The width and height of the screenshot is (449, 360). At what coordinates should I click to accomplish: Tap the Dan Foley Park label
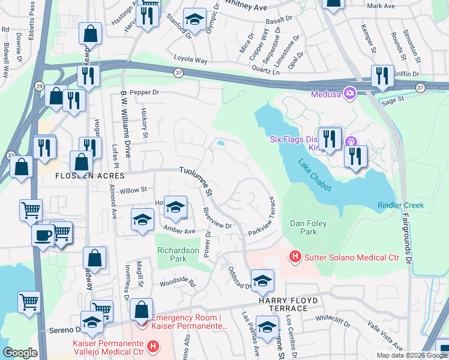click(308, 227)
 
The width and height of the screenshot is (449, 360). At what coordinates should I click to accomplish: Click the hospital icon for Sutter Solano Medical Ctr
click(295, 257)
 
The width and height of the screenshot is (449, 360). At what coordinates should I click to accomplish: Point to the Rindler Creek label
click(400, 205)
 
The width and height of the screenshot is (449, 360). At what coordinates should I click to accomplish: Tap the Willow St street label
click(133, 190)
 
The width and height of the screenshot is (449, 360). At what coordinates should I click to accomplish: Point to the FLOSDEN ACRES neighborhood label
click(89, 176)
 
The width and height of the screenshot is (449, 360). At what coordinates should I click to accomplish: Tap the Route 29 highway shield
click(38, 85)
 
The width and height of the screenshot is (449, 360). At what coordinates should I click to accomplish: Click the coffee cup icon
click(43, 235)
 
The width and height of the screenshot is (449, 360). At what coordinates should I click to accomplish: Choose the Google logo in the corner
click(20, 353)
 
